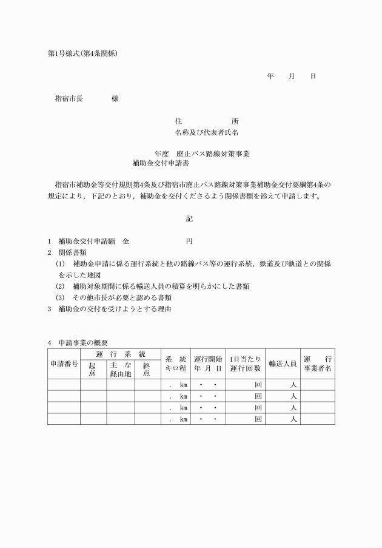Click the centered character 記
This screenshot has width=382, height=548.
tap(189, 219)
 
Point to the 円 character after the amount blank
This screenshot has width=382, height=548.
tap(189, 241)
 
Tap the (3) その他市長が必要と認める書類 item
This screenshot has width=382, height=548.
tap(113, 297)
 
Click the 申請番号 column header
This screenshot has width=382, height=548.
tap(64, 364)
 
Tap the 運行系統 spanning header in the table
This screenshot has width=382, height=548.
tap(121, 354)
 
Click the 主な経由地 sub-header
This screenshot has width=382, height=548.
tap(121, 369)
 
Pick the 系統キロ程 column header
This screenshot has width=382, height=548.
tap(176, 364)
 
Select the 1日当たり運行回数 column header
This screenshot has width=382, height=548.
tap(245, 364)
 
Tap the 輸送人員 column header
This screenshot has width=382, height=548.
tap(283, 364)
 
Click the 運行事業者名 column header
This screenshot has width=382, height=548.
tap(317, 364)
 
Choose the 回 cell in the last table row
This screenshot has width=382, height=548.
tap(258, 418)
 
